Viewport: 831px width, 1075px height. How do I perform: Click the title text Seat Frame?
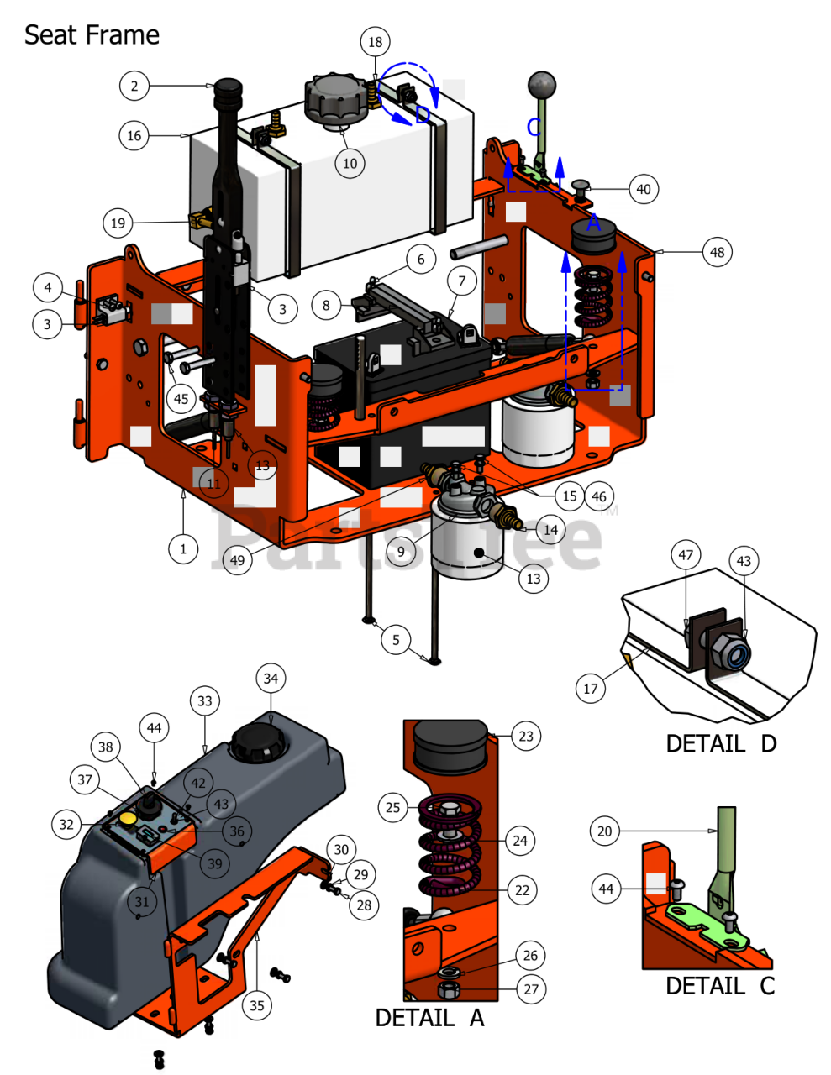pos(92,35)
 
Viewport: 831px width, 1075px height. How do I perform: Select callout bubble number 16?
pos(134,135)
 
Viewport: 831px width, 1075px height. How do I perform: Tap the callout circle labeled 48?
pos(717,252)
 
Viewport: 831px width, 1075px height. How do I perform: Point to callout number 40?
pos(643,189)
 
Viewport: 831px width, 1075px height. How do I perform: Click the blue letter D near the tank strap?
pos(422,115)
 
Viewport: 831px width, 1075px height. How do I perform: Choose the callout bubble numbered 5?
pos(396,640)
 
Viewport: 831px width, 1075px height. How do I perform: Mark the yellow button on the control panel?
pos(129,817)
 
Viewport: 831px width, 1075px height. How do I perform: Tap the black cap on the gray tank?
pos(260,742)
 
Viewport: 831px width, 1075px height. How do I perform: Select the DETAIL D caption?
pos(721,743)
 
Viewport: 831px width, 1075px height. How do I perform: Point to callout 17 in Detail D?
pos(591,689)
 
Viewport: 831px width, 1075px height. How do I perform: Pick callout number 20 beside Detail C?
pos(605,831)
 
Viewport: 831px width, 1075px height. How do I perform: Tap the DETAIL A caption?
pos(429,1018)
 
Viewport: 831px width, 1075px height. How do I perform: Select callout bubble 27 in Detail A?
pos(531,989)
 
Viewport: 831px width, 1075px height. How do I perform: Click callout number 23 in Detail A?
pos(526,737)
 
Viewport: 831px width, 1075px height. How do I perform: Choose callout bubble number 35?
pos(256,1005)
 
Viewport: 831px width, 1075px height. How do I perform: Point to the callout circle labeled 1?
pos(183,549)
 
